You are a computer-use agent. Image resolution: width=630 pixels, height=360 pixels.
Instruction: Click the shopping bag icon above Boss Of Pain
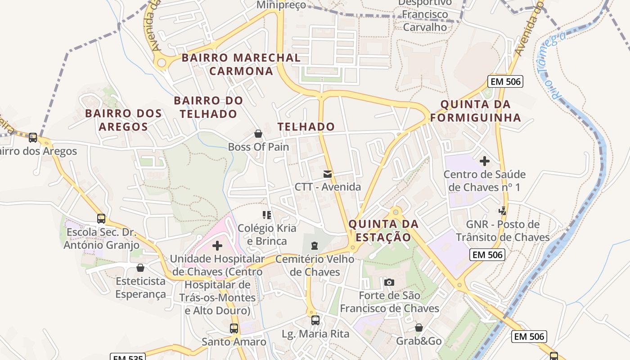(x=258, y=134)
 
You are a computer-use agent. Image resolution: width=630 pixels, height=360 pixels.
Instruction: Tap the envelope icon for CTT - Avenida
(x=328, y=174)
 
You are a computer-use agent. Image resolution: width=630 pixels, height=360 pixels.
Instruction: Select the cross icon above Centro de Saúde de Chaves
(x=485, y=161)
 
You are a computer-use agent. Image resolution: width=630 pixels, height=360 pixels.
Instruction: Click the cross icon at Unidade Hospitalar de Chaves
(x=217, y=246)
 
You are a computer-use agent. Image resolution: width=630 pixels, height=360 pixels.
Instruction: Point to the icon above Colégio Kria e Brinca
(x=267, y=215)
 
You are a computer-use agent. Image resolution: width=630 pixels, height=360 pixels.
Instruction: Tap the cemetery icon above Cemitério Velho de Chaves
(x=314, y=246)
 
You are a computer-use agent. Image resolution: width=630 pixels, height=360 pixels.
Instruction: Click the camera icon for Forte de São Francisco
(x=389, y=283)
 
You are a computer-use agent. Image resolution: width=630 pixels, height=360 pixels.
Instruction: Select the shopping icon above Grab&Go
(x=419, y=328)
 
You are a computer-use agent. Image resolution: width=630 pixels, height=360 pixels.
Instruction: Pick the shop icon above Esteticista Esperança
(x=140, y=268)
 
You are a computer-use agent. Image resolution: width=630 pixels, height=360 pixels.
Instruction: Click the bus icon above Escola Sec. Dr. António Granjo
(x=101, y=219)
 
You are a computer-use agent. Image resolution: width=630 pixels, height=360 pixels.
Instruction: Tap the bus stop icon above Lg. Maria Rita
(x=315, y=320)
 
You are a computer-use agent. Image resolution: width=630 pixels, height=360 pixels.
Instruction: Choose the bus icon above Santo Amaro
(x=234, y=328)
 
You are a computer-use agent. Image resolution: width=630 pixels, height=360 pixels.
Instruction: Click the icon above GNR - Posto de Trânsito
(x=503, y=211)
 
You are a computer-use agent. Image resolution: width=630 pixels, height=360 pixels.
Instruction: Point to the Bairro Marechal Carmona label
(x=241, y=64)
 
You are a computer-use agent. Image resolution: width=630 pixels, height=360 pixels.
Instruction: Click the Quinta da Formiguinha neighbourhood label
(x=476, y=111)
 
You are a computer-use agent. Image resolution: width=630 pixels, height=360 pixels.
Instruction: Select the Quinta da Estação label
(x=383, y=230)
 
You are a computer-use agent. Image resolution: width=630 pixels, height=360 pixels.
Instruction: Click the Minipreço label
(x=281, y=5)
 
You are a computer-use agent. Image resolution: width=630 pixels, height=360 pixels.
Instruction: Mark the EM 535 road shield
(x=128, y=357)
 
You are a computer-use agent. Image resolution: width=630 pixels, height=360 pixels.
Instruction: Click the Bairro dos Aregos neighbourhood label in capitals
(x=123, y=120)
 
